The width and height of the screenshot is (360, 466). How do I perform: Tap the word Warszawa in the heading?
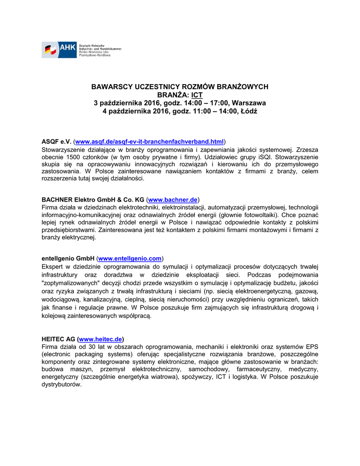pos(248,103)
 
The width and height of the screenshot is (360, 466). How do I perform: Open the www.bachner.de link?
pos(173,199)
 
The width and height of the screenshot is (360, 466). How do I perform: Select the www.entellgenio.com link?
pos(130,258)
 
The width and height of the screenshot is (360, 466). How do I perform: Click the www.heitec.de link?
pos(101,339)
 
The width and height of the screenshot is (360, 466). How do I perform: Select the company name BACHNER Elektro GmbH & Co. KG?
pos(92,199)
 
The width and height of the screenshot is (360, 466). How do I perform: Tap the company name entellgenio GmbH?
pos(67,258)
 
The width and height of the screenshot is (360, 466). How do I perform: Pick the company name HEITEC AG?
pos(59,339)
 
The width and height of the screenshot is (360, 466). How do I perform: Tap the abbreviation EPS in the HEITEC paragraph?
pos(310,347)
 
